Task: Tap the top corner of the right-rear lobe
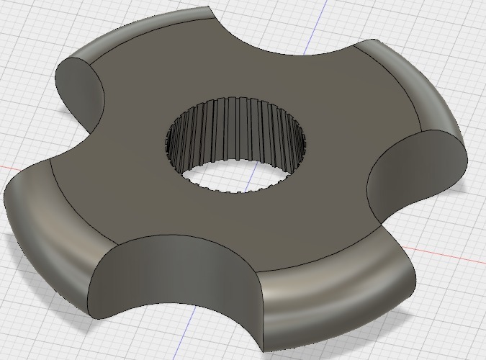pyautogui.click(x=374, y=40)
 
